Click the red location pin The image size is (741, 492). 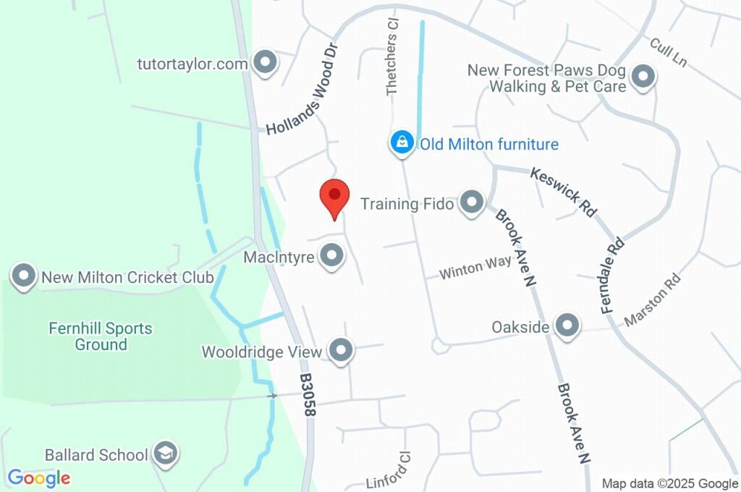click(x=335, y=196)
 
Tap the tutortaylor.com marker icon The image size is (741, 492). click(x=266, y=63)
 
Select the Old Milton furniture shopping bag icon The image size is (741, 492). click(x=402, y=142)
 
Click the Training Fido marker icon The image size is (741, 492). click(x=473, y=203)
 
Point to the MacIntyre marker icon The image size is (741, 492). click(x=332, y=255)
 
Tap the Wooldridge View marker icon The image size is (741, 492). click(x=340, y=351)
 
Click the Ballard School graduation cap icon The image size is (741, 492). click(x=167, y=454)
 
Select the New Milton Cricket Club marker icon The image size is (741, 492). click(x=24, y=276)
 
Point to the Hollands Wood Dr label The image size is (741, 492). click(x=302, y=89)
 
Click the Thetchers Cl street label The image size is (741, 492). click(x=393, y=56)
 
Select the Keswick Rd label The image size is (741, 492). click(x=564, y=192)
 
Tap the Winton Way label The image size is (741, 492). click(x=475, y=268)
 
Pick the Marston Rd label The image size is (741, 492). click(x=653, y=298)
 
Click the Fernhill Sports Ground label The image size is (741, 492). click(x=101, y=336)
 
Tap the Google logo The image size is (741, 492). click(x=39, y=478)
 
